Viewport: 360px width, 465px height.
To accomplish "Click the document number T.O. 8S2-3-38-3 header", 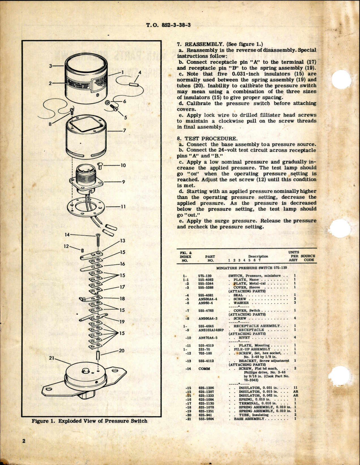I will click(168, 25).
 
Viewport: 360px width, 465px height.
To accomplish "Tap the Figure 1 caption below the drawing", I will click(89, 421).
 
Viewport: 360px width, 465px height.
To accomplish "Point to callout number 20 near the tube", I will click(121, 351).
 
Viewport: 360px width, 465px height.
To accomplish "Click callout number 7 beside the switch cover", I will click(124, 131).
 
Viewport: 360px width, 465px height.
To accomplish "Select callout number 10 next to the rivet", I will click(123, 165).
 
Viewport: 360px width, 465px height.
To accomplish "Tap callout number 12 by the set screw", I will click(66, 246).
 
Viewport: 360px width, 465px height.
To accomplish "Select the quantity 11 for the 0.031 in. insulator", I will click(295, 388).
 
